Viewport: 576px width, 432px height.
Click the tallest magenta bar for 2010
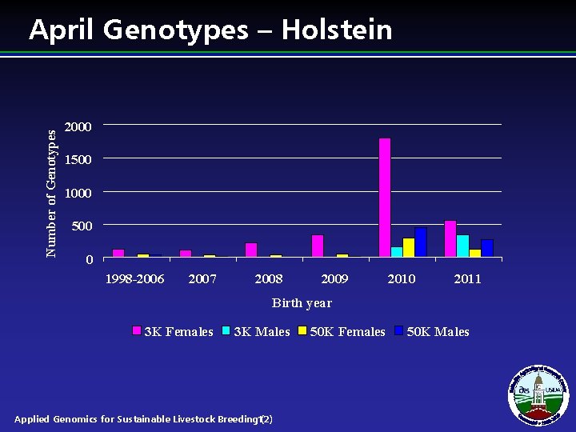[385, 198]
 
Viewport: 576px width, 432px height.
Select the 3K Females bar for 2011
[450, 239]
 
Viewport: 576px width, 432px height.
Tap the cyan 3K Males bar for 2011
[462, 246]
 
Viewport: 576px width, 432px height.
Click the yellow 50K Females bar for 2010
[409, 248]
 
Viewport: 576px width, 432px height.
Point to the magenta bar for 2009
[318, 246]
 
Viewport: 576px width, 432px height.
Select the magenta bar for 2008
[251, 250]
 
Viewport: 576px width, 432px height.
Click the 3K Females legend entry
[173, 332]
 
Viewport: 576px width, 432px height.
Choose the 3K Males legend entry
[256, 332]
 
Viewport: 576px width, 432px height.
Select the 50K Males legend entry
[432, 332]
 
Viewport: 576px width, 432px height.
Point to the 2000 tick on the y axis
[78, 126]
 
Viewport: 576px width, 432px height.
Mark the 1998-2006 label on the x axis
[135, 279]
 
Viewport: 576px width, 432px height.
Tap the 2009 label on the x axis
[334, 279]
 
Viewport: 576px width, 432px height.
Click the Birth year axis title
[302, 303]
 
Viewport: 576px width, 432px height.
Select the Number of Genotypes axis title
[52, 193]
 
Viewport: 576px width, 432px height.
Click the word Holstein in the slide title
[337, 30]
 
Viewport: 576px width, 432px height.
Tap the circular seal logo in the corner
[538, 394]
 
